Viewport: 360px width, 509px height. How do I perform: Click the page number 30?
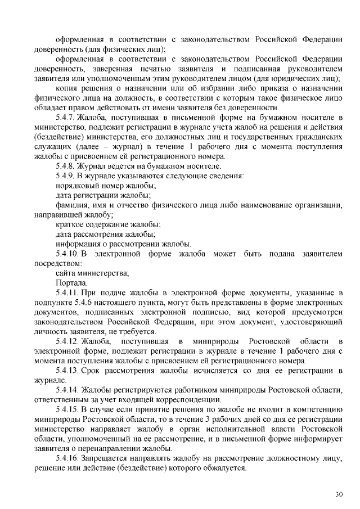click(x=339, y=494)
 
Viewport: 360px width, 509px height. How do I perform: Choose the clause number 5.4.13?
click(x=69, y=371)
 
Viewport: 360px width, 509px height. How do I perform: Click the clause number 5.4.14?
click(x=69, y=390)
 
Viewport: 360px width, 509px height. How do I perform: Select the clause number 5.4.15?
click(x=69, y=409)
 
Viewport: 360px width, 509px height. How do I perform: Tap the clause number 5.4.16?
click(x=69, y=458)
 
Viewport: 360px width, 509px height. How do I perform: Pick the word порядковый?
click(x=78, y=186)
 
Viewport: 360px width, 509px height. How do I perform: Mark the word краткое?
click(x=71, y=224)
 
